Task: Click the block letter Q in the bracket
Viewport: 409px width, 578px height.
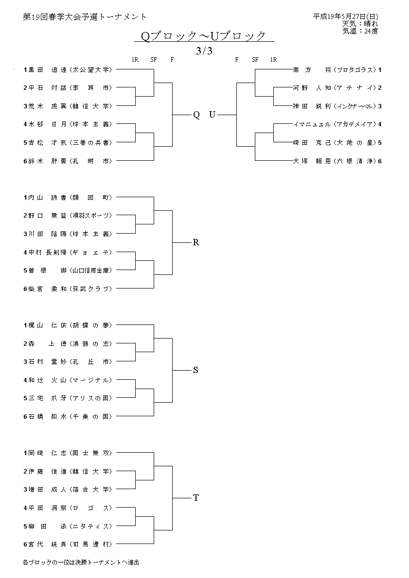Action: [196, 115]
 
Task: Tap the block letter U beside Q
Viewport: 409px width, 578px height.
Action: [212, 115]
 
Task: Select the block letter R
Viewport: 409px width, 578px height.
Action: [196, 242]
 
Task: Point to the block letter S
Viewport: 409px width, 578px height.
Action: [196, 370]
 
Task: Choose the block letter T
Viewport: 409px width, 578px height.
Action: [196, 498]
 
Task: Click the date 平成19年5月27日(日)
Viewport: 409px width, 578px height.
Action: [346, 17]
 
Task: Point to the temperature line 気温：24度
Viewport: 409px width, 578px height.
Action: [360, 31]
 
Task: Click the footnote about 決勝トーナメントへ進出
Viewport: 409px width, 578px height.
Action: [81, 562]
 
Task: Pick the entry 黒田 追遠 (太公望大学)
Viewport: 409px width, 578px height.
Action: [68, 69]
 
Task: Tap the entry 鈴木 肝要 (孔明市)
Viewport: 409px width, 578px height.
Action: [68, 161]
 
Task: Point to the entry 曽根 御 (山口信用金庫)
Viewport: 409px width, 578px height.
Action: [68, 270]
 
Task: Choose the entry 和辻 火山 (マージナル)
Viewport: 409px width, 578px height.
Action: [68, 380]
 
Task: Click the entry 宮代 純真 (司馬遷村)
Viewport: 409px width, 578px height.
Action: [68, 544]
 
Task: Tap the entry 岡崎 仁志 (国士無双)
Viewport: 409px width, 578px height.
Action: [68, 453]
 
